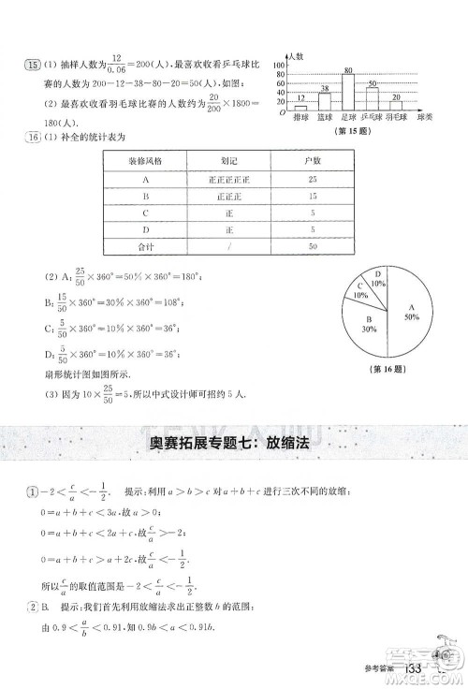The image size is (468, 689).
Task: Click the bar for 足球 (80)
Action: (348, 93)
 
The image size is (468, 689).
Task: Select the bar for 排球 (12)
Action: (301, 109)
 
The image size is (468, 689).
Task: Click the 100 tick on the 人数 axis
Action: (279, 66)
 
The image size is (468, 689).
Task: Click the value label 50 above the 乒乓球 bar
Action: (372, 83)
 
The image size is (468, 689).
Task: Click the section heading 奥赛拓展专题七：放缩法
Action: (234, 444)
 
